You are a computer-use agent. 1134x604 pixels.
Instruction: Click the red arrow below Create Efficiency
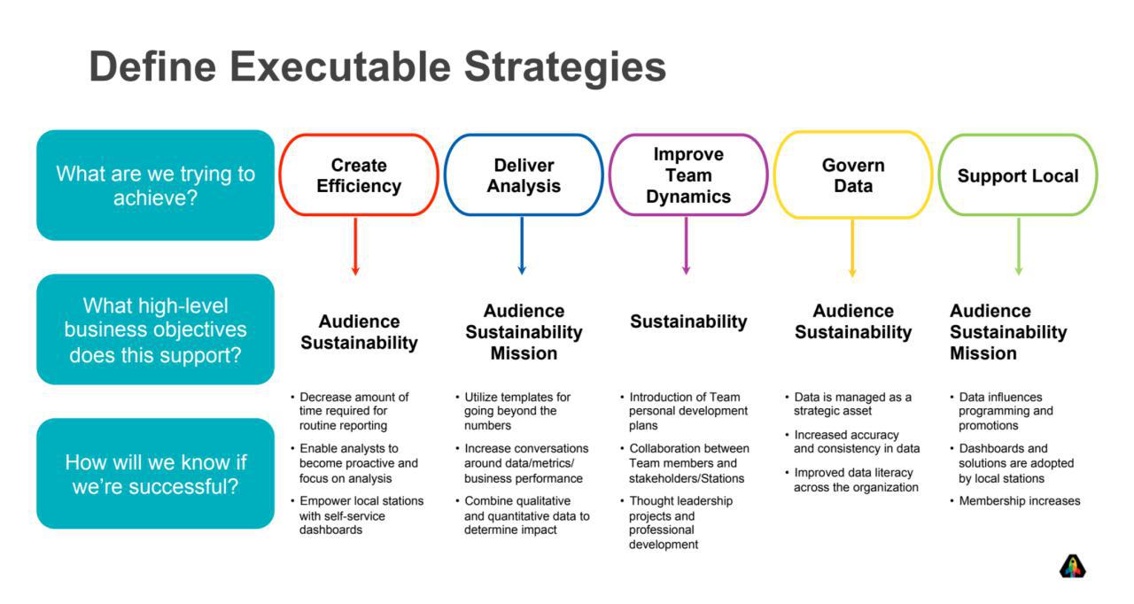point(355,246)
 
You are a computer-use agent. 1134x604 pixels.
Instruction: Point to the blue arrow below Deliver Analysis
point(522,246)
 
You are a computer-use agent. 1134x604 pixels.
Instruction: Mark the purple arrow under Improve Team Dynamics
point(686,246)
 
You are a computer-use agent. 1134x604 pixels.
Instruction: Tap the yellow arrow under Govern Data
point(852,248)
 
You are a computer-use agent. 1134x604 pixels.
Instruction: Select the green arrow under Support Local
point(1019,247)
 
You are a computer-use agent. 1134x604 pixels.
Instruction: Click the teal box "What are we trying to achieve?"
point(155,185)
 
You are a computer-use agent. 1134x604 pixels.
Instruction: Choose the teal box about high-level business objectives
point(155,329)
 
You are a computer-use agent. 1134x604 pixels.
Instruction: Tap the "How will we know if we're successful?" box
point(155,474)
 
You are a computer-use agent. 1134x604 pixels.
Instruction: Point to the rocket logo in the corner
point(1072,566)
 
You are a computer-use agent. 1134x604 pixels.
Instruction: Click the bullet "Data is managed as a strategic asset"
point(849,404)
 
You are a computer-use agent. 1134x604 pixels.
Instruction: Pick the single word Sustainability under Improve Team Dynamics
point(688,321)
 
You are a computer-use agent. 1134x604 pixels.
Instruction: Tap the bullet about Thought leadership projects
point(676,523)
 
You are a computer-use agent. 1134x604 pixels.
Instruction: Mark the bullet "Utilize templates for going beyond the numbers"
point(513,411)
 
